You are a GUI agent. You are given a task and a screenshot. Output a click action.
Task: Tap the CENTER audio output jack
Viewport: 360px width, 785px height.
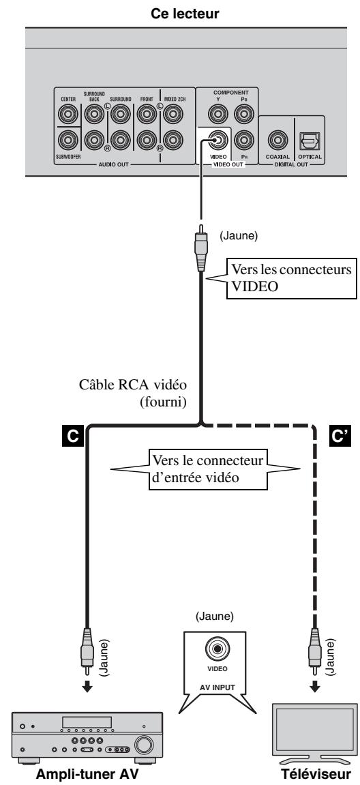67,115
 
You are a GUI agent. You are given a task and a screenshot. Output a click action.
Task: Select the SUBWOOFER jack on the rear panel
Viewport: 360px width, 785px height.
67,142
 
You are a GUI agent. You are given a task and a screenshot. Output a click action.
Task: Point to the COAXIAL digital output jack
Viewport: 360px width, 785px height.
277,142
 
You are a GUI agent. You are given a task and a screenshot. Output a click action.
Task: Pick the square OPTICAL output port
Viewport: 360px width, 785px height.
307,142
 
